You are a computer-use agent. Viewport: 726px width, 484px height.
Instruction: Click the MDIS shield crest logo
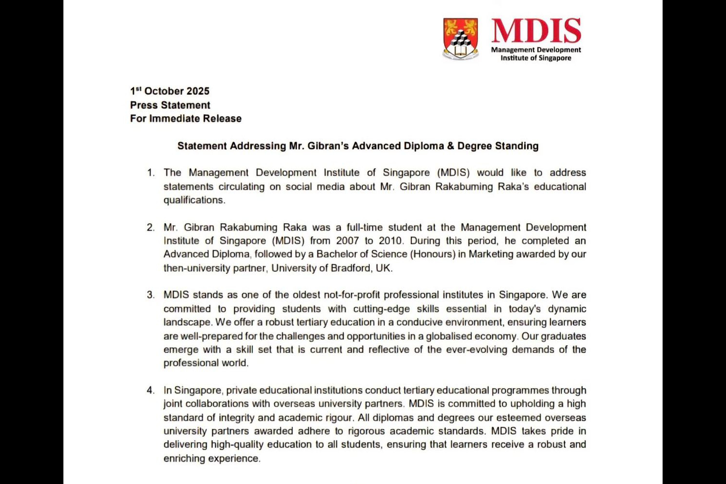[x=460, y=39]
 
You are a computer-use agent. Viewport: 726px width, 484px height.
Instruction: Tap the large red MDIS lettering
[x=536, y=30]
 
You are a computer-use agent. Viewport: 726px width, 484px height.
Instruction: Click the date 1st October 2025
[x=170, y=91]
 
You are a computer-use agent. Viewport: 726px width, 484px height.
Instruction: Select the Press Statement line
[x=170, y=105]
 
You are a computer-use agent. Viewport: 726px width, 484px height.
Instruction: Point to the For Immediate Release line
[x=185, y=119]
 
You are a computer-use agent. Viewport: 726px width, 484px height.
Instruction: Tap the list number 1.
[x=151, y=173]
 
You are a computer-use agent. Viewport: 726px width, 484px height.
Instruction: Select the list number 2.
[x=151, y=227]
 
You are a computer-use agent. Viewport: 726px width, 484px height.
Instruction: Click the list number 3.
[x=151, y=295]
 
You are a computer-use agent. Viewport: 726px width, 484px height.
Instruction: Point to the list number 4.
[x=151, y=390]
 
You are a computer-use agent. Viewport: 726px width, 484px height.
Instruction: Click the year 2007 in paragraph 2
[x=348, y=241]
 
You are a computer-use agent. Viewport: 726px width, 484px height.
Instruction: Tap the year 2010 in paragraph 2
[x=390, y=241]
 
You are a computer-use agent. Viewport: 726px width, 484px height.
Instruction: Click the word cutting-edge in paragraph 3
[x=381, y=309]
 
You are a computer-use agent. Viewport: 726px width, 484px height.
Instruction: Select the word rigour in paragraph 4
[x=339, y=418]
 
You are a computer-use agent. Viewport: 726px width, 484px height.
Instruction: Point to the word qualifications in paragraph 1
[x=194, y=200]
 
